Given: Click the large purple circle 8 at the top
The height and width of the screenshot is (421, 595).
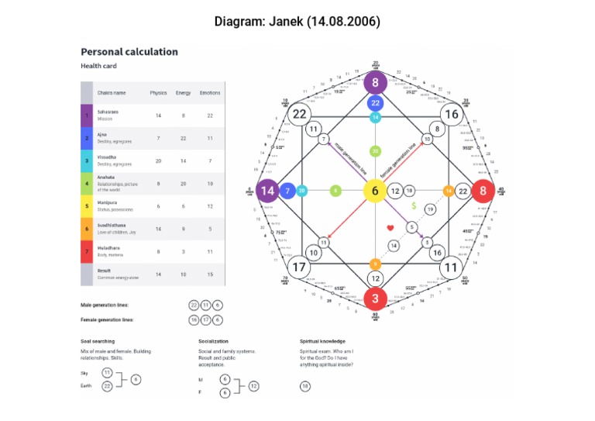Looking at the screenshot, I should (376, 83).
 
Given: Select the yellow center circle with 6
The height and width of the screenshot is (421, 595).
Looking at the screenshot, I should (375, 191).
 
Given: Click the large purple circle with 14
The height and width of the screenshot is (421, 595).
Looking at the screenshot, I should (268, 191).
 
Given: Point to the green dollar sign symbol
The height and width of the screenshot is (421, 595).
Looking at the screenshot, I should (414, 207).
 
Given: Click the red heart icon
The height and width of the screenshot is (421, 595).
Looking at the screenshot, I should (391, 227).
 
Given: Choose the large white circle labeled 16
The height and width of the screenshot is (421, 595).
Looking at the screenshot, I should (452, 115).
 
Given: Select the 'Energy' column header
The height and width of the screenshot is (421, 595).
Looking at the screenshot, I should (184, 93).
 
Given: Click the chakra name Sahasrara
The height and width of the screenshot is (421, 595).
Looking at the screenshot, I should (108, 111).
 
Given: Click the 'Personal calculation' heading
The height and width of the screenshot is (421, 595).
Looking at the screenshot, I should (129, 52).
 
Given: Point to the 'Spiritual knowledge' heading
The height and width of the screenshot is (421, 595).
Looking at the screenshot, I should (322, 340).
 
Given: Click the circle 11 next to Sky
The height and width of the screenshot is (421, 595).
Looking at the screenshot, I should (108, 373).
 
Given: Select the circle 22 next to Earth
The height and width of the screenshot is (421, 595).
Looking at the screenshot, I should (108, 385).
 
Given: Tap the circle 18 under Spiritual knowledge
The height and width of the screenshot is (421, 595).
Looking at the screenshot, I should (305, 385).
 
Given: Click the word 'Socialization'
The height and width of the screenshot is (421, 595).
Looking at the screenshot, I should (217, 340).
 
